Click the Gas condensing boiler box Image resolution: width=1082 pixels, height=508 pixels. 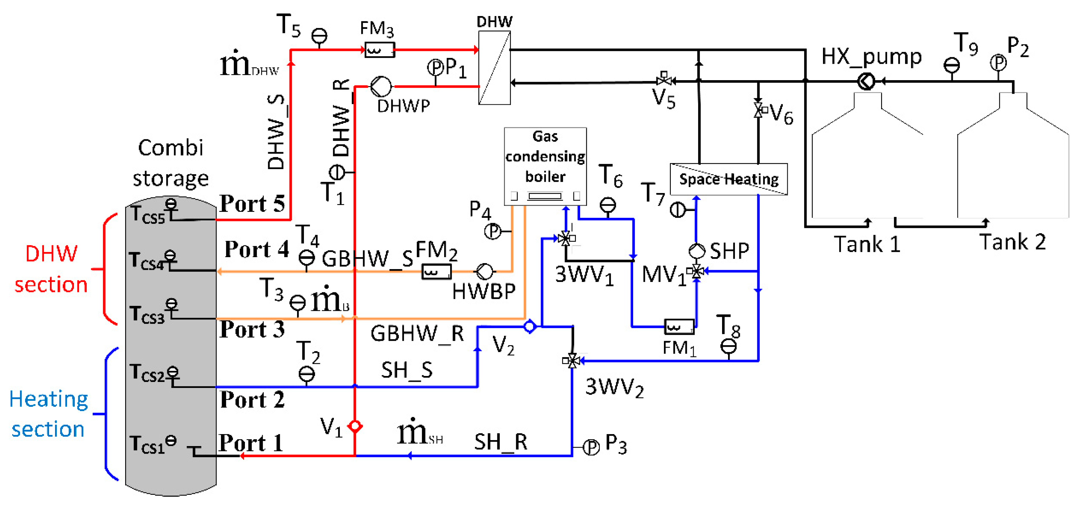point(545,166)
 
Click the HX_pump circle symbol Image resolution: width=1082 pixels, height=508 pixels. point(866,81)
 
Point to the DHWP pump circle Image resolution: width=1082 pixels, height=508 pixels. point(381,86)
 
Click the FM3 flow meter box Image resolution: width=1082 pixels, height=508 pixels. point(379,50)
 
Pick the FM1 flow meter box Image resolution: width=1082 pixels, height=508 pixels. point(679,327)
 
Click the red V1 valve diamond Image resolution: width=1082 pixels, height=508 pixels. point(355,426)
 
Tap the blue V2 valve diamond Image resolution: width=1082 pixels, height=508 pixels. point(530,326)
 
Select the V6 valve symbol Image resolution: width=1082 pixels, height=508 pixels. point(759,110)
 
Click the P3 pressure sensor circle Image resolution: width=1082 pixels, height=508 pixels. point(591,447)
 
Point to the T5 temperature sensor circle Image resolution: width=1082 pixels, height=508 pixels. point(319,36)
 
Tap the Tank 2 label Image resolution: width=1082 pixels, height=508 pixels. point(1012,242)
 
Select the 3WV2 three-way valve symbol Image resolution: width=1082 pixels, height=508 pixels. point(572,361)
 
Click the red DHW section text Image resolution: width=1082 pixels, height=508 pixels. point(51,269)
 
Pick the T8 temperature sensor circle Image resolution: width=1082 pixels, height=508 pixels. point(728,346)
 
